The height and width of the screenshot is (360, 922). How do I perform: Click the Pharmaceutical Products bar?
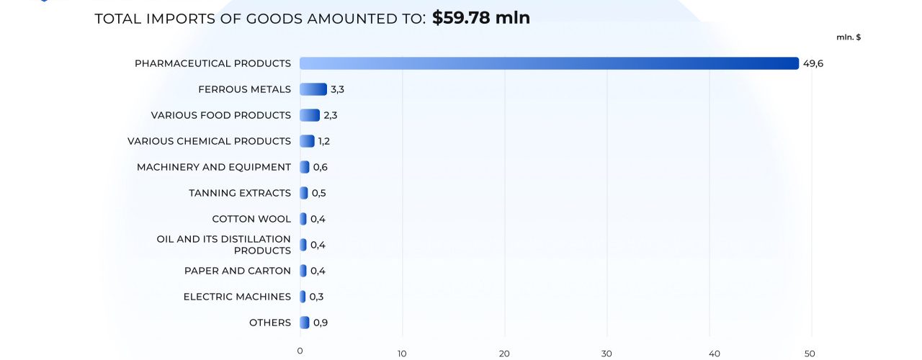pyautogui.click(x=549, y=63)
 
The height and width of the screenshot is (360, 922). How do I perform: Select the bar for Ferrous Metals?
pyautogui.click(x=313, y=89)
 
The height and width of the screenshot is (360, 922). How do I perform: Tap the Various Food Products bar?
pyautogui.click(x=310, y=115)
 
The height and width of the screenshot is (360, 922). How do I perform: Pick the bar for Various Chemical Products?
pyautogui.click(x=307, y=141)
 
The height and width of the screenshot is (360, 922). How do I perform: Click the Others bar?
pyautogui.click(x=305, y=323)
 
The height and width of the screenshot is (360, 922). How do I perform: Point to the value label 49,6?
pyautogui.click(x=813, y=63)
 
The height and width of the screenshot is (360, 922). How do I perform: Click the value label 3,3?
pyautogui.click(x=338, y=89)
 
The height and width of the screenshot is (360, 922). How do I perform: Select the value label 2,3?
pyautogui.click(x=331, y=115)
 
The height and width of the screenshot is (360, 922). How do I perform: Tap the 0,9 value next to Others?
pyautogui.click(x=321, y=323)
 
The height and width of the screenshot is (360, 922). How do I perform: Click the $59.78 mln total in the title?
pyautogui.click(x=480, y=18)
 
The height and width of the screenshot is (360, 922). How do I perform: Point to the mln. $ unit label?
pyautogui.click(x=849, y=37)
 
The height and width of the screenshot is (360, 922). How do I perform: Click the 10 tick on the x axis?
pyautogui.click(x=402, y=353)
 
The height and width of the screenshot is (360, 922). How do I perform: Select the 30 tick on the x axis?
pyautogui.click(x=607, y=353)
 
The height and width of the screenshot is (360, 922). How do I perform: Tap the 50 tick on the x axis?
pyautogui.click(x=811, y=353)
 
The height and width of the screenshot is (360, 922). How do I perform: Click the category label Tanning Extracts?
pyautogui.click(x=240, y=193)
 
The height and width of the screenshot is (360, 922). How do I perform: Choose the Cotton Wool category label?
pyautogui.click(x=251, y=219)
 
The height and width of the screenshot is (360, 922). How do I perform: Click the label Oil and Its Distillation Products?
pyautogui.click(x=224, y=245)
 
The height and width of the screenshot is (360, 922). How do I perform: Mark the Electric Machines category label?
pyautogui.click(x=237, y=297)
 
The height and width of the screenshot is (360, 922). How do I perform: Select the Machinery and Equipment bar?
pyautogui.click(x=305, y=167)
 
